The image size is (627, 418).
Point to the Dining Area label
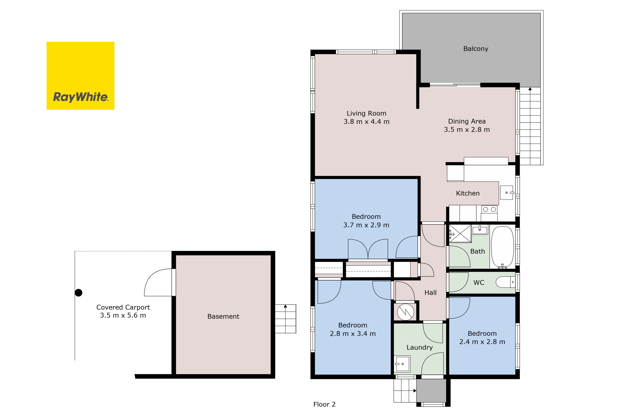coord(467,121)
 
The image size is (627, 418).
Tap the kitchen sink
coord(506,193)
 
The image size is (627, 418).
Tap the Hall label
coord(430,293)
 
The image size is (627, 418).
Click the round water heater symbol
coord(405,312)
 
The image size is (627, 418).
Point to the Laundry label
coord(419,347)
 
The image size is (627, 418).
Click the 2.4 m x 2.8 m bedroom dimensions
coord(482,342)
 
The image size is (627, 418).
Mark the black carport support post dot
coord(78,293)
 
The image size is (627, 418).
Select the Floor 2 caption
coord(324,404)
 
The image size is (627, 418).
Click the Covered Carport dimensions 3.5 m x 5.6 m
coord(123,315)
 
